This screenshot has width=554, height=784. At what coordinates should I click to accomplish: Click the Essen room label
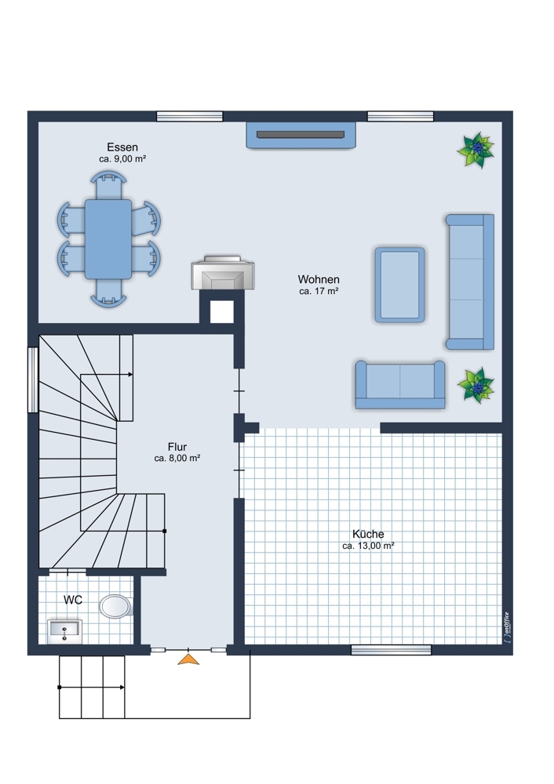[122, 147]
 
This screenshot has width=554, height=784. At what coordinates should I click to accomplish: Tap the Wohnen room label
[319, 279]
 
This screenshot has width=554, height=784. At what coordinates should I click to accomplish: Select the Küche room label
[368, 533]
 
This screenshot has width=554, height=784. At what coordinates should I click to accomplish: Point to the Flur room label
[177, 447]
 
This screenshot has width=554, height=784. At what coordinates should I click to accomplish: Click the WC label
[72, 600]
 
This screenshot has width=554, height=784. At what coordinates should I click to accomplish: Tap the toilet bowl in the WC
[115, 607]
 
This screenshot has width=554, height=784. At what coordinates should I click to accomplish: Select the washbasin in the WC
[64, 631]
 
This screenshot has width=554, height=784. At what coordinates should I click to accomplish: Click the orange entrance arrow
[188, 659]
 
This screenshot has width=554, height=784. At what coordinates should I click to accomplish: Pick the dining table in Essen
[108, 239]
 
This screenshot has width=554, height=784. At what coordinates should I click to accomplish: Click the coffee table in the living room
[400, 285]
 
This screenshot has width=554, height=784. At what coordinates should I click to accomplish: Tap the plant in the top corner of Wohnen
[476, 149]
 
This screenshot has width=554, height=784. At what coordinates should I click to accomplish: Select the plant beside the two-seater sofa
[476, 385]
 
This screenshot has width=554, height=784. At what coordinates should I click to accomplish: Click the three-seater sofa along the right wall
[470, 281]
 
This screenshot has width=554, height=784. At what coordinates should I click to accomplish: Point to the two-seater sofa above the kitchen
[400, 384]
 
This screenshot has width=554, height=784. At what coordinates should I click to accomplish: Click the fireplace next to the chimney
[223, 273]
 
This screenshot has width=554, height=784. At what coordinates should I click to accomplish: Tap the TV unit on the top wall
[301, 135]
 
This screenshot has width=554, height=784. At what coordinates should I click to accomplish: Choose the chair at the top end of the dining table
[108, 184]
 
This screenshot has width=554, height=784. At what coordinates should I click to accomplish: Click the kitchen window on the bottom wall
[392, 649]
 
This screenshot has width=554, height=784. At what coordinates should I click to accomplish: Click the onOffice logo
[506, 627]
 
